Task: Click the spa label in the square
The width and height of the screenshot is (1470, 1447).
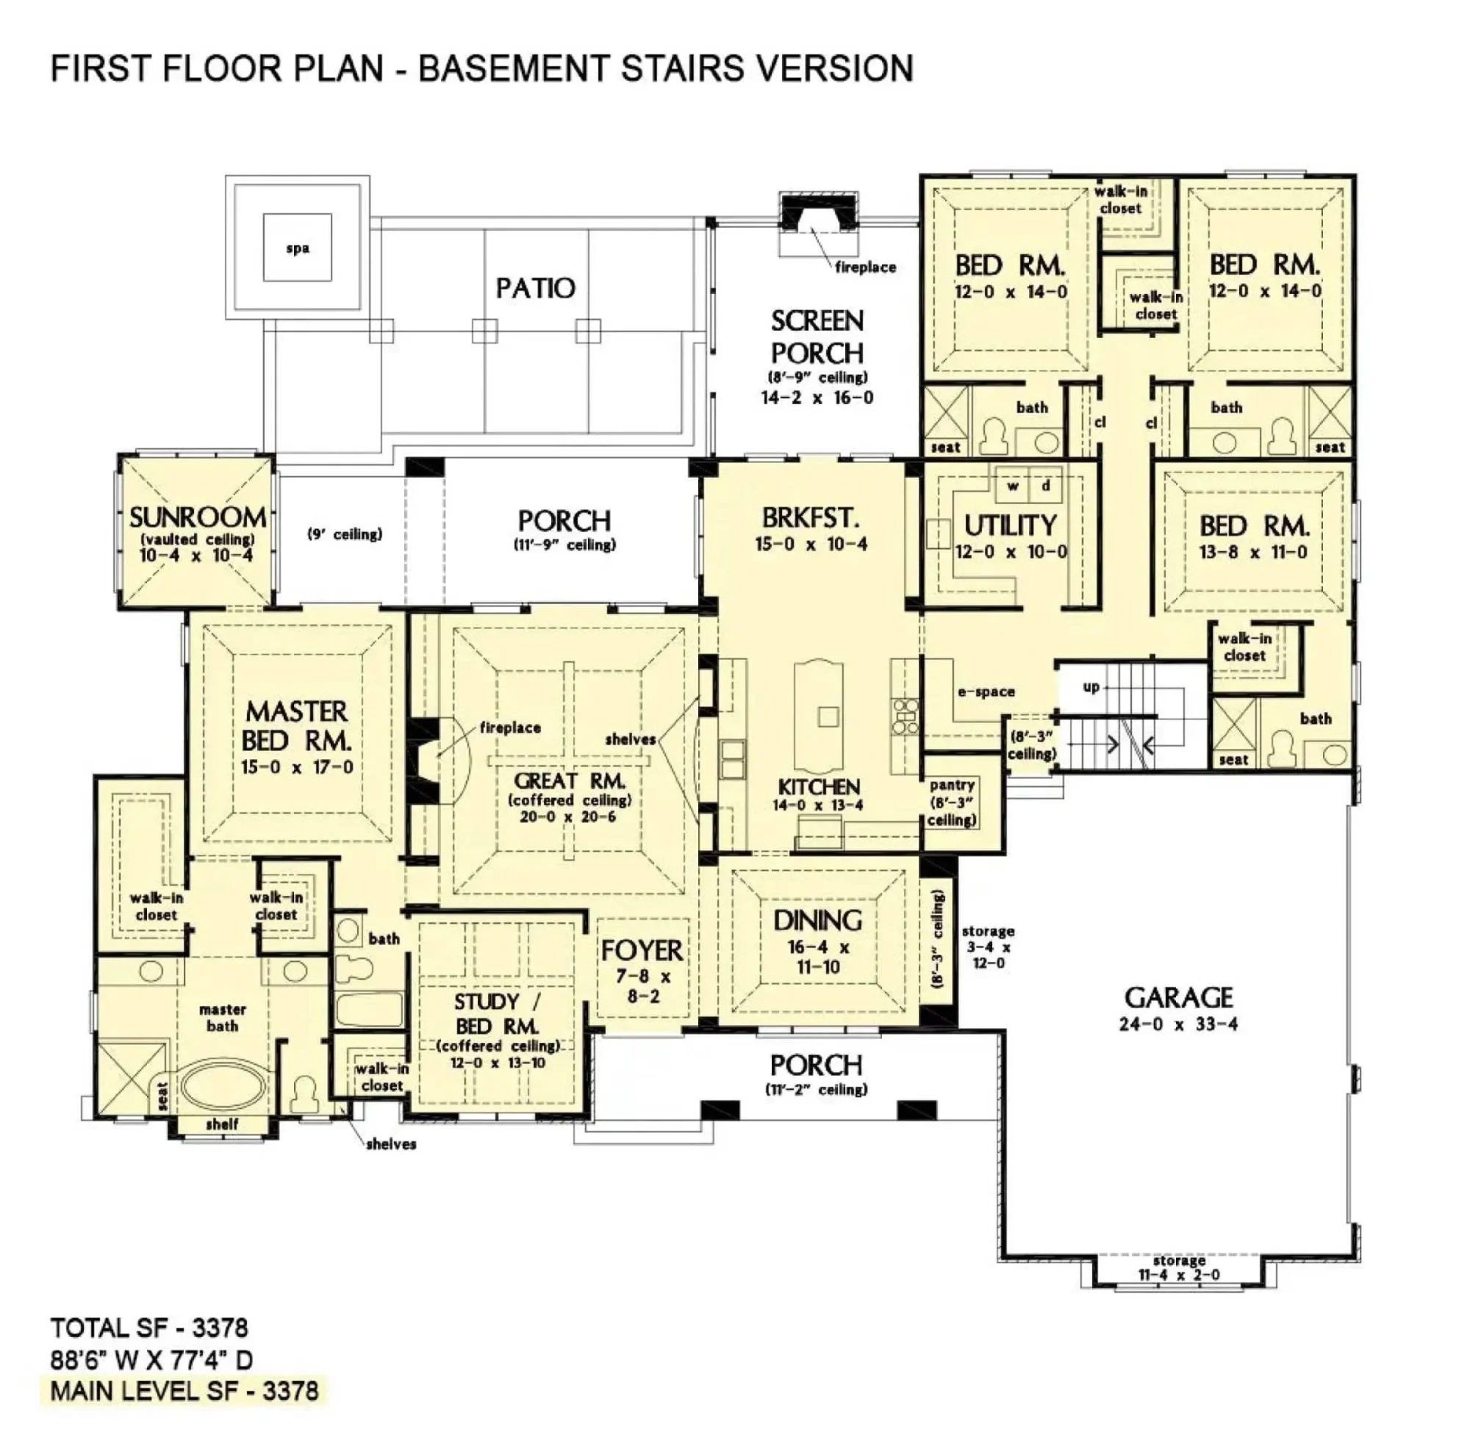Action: (x=297, y=248)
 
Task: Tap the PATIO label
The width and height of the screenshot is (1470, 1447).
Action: (x=535, y=288)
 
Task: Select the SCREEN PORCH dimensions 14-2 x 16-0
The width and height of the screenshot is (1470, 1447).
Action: (x=817, y=398)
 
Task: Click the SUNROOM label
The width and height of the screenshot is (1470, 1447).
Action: (x=197, y=517)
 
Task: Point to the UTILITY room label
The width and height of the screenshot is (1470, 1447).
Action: (x=1010, y=525)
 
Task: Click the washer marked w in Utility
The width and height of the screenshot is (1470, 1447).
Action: (x=1012, y=486)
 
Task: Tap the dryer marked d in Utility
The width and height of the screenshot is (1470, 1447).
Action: (x=1046, y=486)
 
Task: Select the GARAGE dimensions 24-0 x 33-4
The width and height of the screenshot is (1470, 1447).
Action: (x=1178, y=1024)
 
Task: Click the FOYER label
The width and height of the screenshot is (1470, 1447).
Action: (x=642, y=950)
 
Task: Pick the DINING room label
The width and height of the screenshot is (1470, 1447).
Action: (x=817, y=920)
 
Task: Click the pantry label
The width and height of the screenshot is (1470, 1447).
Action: (x=952, y=785)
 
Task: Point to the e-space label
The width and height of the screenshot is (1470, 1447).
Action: (x=986, y=692)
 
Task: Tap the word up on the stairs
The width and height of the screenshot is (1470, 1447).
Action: (x=1091, y=687)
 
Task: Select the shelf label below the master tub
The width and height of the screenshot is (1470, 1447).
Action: (x=222, y=1124)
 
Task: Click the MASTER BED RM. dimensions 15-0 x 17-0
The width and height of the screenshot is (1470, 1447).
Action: (x=297, y=767)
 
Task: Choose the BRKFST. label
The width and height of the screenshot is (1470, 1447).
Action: (x=811, y=517)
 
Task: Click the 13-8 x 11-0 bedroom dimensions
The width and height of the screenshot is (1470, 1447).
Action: (x=1253, y=553)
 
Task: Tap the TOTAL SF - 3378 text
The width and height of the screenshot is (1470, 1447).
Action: (x=149, y=1328)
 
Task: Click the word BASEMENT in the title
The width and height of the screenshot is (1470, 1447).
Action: (x=513, y=68)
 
